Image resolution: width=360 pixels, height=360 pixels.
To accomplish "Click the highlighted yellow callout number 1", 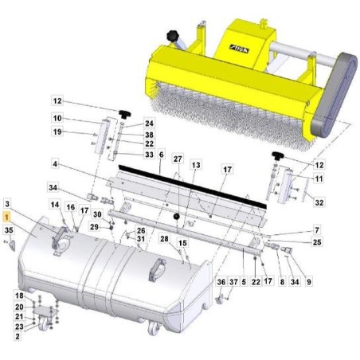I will [7, 216].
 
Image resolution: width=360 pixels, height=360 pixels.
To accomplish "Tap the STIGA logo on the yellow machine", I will [237, 47].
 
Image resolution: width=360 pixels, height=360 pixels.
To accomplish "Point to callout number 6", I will [160, 154].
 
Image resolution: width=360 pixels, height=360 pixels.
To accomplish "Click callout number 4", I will [57, 164].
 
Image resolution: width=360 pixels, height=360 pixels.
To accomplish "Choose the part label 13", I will [196, 164].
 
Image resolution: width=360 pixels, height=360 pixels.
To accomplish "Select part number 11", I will [319, 179].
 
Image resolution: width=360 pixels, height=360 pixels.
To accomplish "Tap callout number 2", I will [18, 337].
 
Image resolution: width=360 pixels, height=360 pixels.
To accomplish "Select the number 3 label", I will [7, 204].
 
